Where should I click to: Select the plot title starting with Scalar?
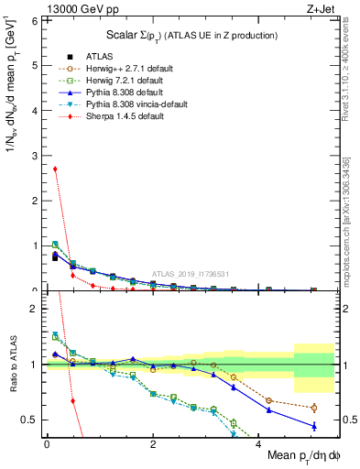[189, 35]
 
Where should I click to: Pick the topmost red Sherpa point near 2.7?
[56, 169]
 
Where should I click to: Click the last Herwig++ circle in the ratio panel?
[313, 408]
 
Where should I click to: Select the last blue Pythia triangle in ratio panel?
[313, 426]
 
